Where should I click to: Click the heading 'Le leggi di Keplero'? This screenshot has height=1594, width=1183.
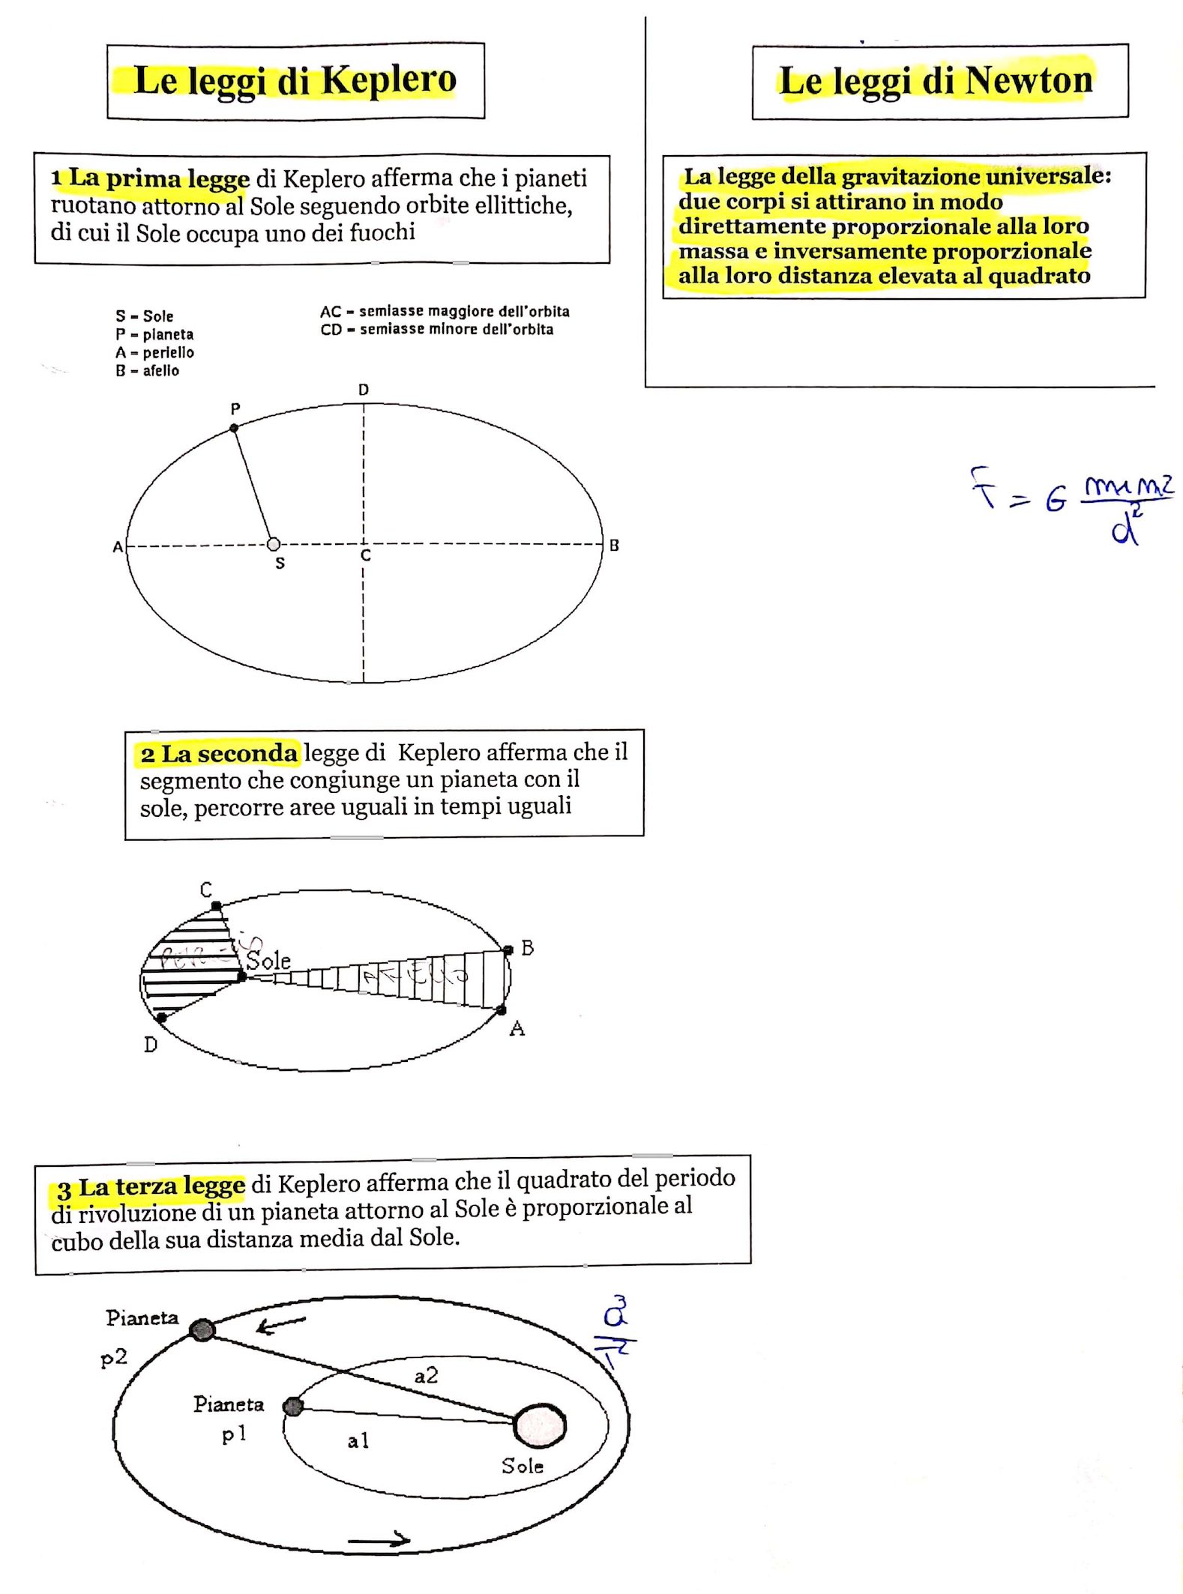point(295,80)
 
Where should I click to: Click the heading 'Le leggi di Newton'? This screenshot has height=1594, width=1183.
point(937,81)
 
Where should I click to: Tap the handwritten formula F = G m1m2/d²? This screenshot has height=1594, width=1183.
point(1072,502)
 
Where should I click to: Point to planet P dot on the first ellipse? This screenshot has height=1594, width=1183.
point(234,428)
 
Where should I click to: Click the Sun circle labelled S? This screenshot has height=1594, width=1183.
point(274,544)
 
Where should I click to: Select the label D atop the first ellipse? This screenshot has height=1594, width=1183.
point(364,390)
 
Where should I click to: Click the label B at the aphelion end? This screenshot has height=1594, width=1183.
point(614,546)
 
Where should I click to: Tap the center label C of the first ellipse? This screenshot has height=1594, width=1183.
point(366,556)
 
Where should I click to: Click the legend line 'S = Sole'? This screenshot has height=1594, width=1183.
point(145,316)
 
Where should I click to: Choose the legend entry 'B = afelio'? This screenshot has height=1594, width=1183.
point(148,371)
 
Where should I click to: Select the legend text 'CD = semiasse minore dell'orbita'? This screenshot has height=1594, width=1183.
point(437,330)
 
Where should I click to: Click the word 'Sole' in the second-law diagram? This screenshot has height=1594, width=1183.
point(268,960)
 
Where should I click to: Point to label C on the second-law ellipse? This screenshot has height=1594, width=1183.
point(206,890)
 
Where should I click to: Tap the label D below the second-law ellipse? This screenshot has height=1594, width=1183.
point(151,1045)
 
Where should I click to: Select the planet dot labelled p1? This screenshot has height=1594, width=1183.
point(294,1406)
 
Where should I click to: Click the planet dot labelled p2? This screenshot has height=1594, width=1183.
point(202,1330)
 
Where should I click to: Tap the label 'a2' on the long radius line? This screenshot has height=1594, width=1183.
point(426,1375)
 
